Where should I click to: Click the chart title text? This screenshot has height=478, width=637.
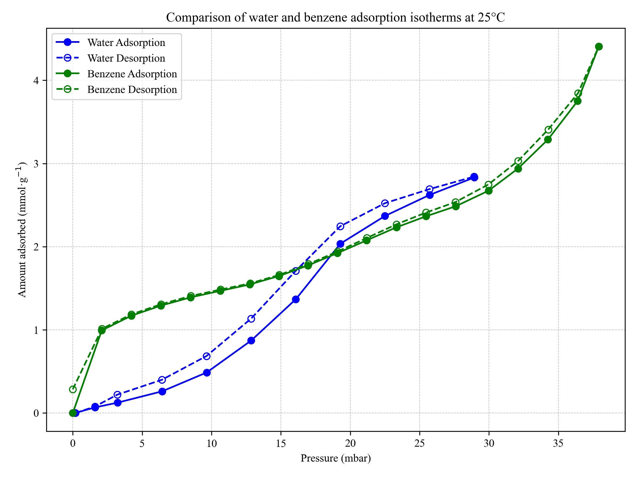(335, 18)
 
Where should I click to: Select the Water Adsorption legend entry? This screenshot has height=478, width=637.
(126, 43)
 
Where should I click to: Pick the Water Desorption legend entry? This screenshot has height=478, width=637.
(126, 58)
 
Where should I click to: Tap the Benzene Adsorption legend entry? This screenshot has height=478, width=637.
(132, 74)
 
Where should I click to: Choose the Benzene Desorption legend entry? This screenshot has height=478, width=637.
(132, 89)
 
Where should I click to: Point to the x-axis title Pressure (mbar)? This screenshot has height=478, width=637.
(335, 458)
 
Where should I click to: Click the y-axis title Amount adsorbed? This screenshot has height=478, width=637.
(22, 230)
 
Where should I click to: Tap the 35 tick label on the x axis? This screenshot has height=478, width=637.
(558, 443)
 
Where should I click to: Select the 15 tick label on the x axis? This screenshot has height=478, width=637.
(281, 443)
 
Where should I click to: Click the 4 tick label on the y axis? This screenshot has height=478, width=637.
(36, 80)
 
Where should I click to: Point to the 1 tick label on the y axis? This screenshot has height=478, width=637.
(36, 330)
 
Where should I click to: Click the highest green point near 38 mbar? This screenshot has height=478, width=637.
(599, 47)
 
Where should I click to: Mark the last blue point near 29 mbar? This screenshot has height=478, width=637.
(474, 177)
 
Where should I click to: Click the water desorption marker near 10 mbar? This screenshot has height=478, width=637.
(206, 356)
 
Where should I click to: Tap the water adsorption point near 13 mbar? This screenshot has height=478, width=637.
(251, 340)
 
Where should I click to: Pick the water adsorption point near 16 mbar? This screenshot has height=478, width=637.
(296, 299)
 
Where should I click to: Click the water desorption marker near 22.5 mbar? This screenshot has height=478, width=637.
(385, 203)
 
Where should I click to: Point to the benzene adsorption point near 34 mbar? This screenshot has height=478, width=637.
(548, 140)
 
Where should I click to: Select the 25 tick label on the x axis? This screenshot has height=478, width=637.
(420, 443)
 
